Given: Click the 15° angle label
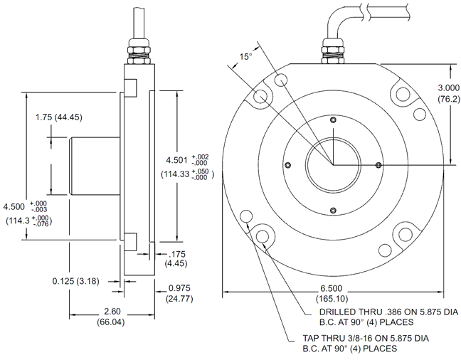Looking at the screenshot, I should pos(245,56).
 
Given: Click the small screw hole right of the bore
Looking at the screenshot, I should pos(378,164).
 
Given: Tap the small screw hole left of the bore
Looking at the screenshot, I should pos(287,164).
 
